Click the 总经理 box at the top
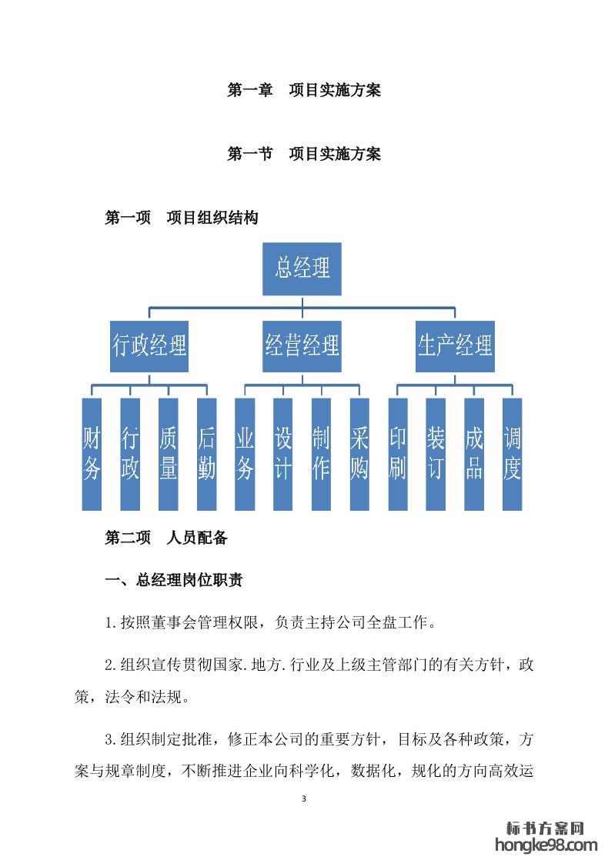coord(303,268)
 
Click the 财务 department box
coord(92,454)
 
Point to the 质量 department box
coord(168,454)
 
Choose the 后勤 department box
coord(206,454)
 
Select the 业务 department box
coord(245,454)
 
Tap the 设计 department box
coord(282,454)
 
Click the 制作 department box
coord(321,454)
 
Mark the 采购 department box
coord(359,454)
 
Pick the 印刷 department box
coord(397,454)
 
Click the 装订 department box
coord(436,454)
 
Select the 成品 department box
coord(474,454)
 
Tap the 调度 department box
coord(512,454)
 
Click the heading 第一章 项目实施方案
coord(304,90)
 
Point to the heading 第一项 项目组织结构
coord(181,218)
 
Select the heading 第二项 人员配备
coord(165,538)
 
